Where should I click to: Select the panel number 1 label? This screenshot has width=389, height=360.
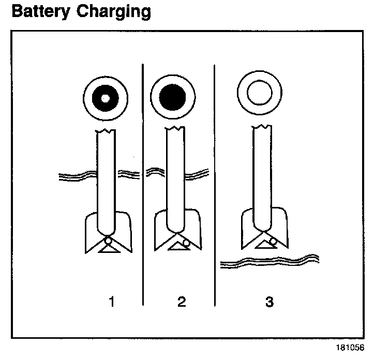111,302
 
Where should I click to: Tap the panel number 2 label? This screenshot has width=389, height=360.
181,302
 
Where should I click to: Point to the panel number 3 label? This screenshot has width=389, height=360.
269,302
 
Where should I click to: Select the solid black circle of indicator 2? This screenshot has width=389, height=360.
172,97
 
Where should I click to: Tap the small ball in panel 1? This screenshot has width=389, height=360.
108,240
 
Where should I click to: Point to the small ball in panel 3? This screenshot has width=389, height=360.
273,241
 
